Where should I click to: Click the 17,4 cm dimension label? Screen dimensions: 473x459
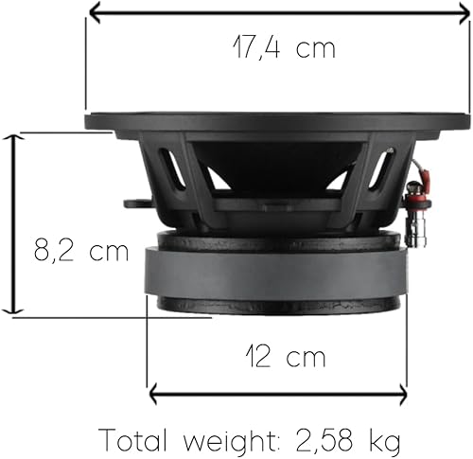tap(284, 48)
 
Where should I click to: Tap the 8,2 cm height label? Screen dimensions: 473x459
tap(81, 250)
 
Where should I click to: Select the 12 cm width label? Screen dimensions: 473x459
tap(286, 356)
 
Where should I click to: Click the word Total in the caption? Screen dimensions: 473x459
tap(133, 440)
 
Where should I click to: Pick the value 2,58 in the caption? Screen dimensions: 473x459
tap(325, 440)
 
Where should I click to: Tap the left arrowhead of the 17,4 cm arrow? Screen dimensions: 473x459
tap(95, 12)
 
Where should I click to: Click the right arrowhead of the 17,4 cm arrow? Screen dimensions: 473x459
tap(464, 12)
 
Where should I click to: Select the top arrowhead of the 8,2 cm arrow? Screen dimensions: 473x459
tap(13, 138)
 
